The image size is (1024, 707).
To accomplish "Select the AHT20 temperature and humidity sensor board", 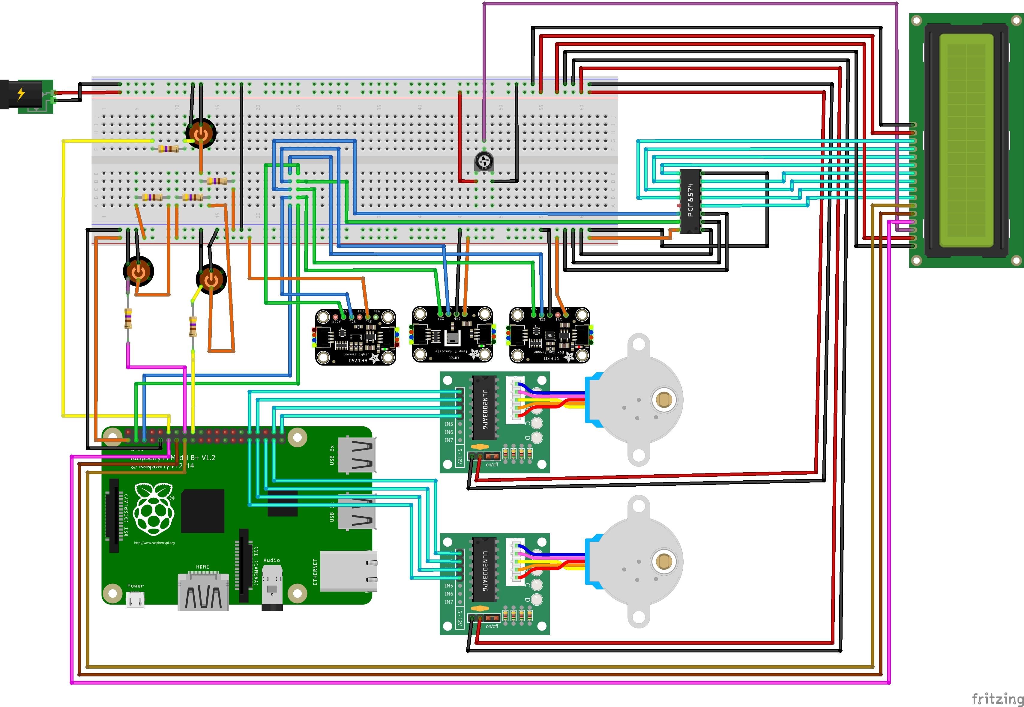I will (452, 334).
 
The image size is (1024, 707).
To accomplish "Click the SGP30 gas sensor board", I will (549, 335).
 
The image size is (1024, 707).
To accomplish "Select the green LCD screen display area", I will (966, 141).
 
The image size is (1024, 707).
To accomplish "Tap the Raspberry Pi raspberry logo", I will (154, 509).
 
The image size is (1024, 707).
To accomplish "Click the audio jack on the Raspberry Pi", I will (272, 589).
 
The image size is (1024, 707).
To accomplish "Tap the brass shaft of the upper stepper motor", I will (663, 400).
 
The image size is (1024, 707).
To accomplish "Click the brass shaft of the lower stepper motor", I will (663, 561).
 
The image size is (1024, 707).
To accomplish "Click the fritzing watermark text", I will (997, 699).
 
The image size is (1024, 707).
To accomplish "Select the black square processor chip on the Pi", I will (202, 511).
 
